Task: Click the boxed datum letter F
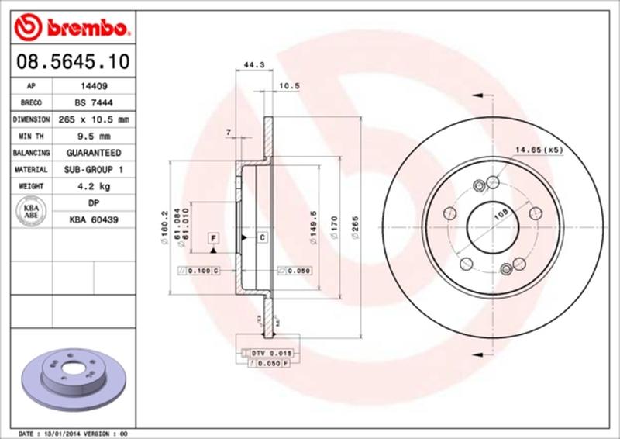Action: point(212,237)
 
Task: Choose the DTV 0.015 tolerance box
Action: point(270,353)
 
